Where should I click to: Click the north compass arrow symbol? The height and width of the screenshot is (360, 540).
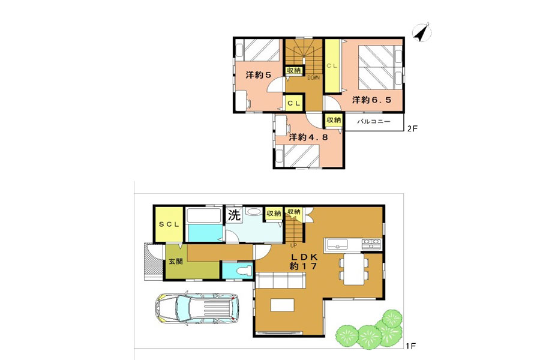(422, 33)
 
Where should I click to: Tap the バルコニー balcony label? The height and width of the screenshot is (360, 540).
(374, 122)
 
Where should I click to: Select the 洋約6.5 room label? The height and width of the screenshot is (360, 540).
(371, 100)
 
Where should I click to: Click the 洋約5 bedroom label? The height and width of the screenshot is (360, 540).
(259, 75)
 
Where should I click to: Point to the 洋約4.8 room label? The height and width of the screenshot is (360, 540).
(308, 137)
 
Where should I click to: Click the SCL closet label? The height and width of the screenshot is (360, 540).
(169, 224)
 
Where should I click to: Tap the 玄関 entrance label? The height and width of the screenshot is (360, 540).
(176, 261)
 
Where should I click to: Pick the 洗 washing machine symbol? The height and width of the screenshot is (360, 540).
(234, 215)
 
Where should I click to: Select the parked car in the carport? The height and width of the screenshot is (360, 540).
(197, 308)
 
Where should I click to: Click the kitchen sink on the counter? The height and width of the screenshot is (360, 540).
(337, 245)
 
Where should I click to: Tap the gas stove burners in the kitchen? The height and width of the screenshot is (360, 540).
(371, 244)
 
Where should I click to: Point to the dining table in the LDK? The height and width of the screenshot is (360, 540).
(353, 269)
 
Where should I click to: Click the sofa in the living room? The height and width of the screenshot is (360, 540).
(281, 280)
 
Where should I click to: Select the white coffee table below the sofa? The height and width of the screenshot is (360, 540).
(283, 305)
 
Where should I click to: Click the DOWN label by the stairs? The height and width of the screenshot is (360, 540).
(313, 78)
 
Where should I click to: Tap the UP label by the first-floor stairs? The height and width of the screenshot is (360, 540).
(293, 245)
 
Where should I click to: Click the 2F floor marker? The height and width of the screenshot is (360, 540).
(412, 128)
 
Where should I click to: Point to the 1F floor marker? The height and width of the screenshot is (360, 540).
(411, 346)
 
